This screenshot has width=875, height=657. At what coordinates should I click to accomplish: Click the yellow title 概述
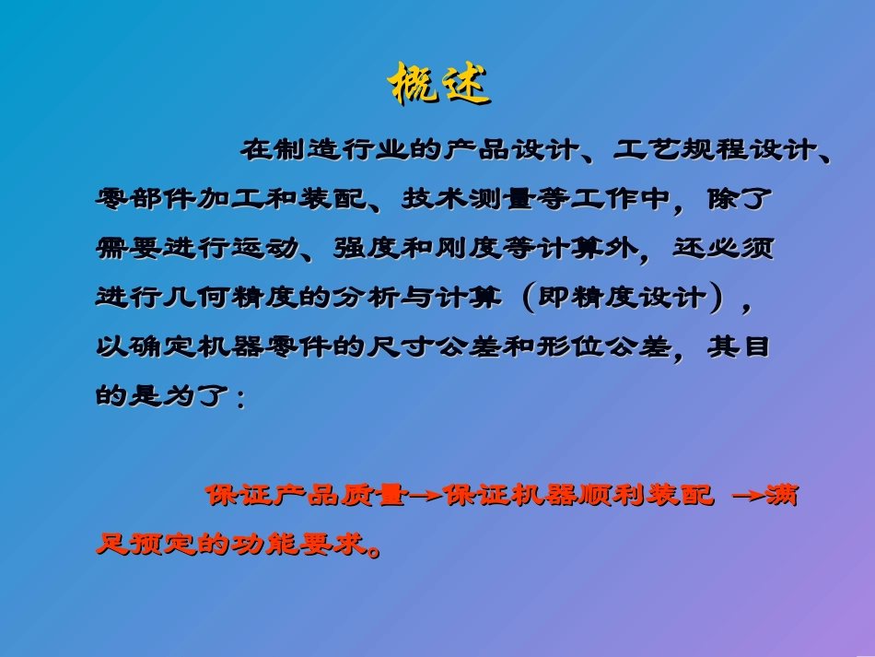pos(438,86)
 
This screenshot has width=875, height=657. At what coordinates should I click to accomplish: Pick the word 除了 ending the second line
pos(741,199)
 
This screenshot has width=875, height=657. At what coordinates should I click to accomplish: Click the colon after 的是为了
pos(241,399)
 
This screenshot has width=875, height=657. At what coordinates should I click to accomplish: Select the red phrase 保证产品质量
pos(305,496)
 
